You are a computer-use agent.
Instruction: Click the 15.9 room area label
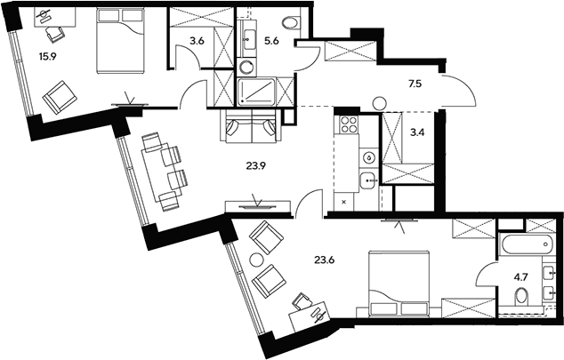pos(49,56)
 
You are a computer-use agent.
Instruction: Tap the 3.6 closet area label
pos(197,41)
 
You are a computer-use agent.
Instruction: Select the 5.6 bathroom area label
pos(271,41)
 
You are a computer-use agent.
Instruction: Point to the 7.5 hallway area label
pos(415,84)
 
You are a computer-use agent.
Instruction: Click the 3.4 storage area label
pos(417,132)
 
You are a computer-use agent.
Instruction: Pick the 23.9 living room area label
pos(255,166)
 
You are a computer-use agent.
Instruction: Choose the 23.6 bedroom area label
pos(325,260)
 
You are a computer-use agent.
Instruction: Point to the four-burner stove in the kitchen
pos(347,124)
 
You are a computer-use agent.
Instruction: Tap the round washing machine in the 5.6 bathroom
pos(247,67)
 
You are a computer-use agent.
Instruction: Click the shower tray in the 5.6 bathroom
pos(257,92)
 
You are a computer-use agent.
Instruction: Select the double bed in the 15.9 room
pos(120,41)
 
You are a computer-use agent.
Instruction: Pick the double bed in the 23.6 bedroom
pos(399,284)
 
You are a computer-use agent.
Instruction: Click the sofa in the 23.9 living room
pos(250,125)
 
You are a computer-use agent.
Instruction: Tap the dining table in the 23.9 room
pos(160,172)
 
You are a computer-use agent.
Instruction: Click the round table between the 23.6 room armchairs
pos(258,260)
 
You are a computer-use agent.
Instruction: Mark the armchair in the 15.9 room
pos(60,98)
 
